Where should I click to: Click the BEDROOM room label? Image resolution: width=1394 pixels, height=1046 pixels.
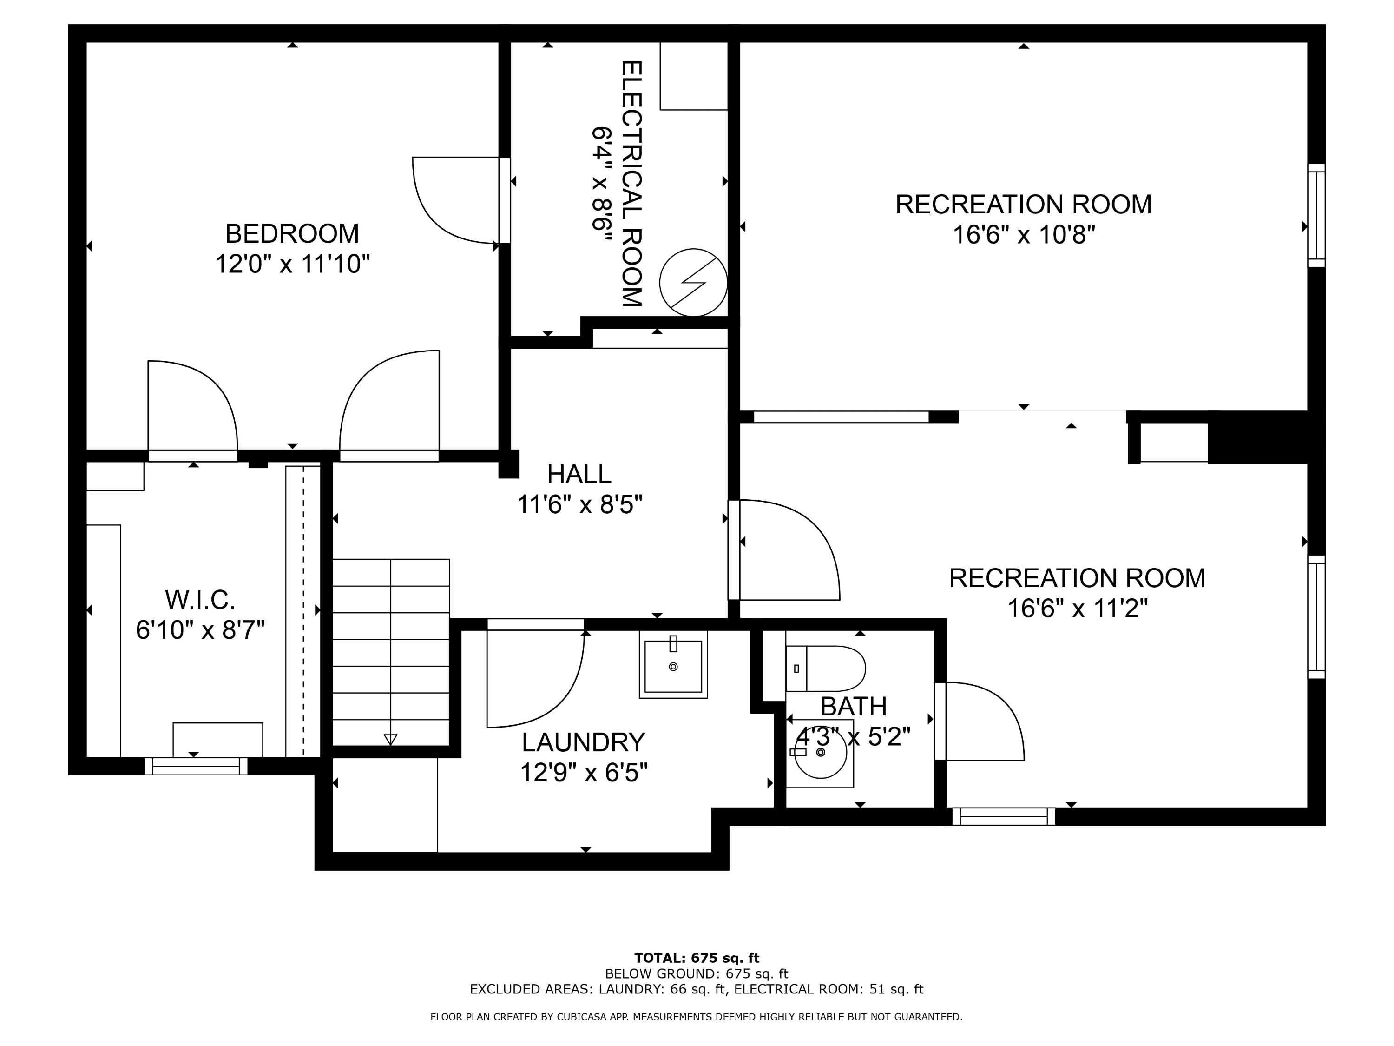click(292, 234)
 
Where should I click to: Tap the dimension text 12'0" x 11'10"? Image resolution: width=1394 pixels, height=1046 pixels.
click(292, 264)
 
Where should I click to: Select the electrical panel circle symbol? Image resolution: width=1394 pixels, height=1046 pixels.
click(693, 283)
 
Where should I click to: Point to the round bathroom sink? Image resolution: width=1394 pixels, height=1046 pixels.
click(821, 753)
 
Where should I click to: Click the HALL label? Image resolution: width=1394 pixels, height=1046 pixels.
click(579, 474)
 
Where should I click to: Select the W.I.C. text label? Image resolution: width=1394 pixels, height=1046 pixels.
click(200, 600)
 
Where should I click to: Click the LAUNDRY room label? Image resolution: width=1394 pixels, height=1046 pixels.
click(583, 742)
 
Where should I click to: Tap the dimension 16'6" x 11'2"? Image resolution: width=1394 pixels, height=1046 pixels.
click(1077, 609)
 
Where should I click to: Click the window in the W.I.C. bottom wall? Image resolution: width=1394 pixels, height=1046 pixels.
click(196, 766)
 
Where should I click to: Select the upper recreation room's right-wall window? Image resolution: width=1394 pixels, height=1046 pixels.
click(1316, 216)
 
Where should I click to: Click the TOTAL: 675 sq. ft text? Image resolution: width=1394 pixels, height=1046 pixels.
click(697, 958)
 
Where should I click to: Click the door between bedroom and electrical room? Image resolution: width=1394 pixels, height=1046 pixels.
click(454, 200)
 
